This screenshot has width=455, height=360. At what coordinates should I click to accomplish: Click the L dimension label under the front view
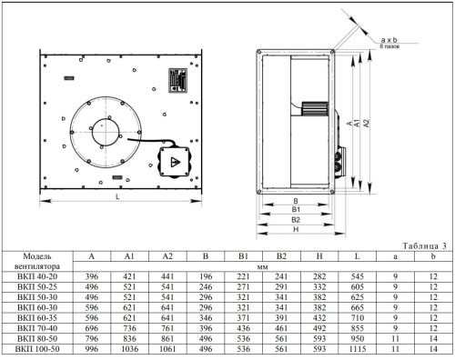(x=117, y=196)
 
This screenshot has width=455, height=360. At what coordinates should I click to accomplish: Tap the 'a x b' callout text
(x=389, y=40)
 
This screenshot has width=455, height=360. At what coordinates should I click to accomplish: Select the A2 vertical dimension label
(x=367, y=123)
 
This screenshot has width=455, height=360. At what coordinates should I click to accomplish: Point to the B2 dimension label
(x=296, y=220)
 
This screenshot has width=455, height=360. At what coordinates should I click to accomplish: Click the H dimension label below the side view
(x=296, y=229)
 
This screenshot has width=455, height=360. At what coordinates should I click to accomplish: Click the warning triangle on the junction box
(x=175, y=162)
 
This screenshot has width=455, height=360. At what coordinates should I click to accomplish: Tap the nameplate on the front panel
(x=177, y=80)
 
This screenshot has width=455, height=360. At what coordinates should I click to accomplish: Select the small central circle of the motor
(x=106, y=132)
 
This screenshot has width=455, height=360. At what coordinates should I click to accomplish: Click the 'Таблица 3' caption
(x=424, y=245)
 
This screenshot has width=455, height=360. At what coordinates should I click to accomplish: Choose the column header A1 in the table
(x=129, y=256)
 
